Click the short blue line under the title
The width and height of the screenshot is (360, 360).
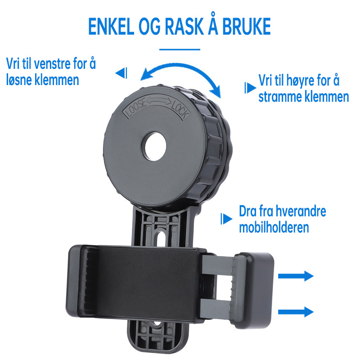pyautogui.click(x=180, y=49)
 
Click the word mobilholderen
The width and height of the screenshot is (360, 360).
pyautogui.click(x=274, y=227)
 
